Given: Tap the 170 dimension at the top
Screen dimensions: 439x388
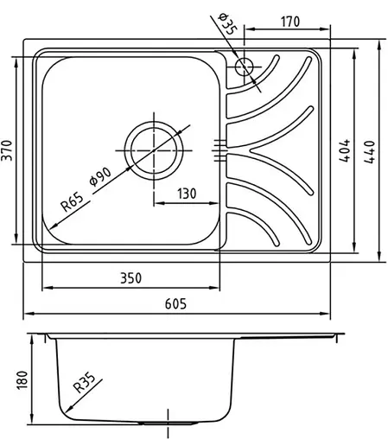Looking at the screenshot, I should click(x=289, y=22).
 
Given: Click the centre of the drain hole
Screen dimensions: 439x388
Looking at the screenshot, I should click(x=155, y=145).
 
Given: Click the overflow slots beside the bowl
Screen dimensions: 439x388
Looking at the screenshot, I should click(x=219, y=149).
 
